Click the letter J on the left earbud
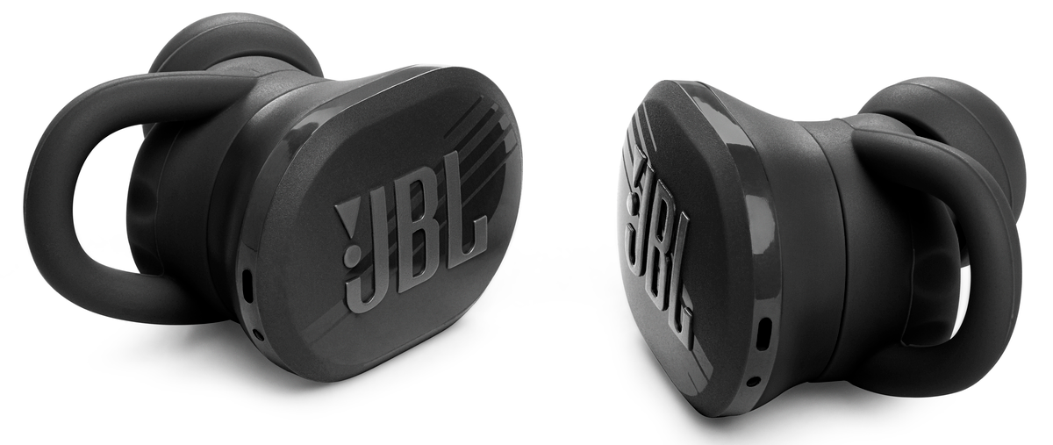[371, 263]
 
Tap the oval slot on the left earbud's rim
[247, 284]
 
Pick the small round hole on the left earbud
[258, 335]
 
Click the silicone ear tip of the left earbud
[235, 45]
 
